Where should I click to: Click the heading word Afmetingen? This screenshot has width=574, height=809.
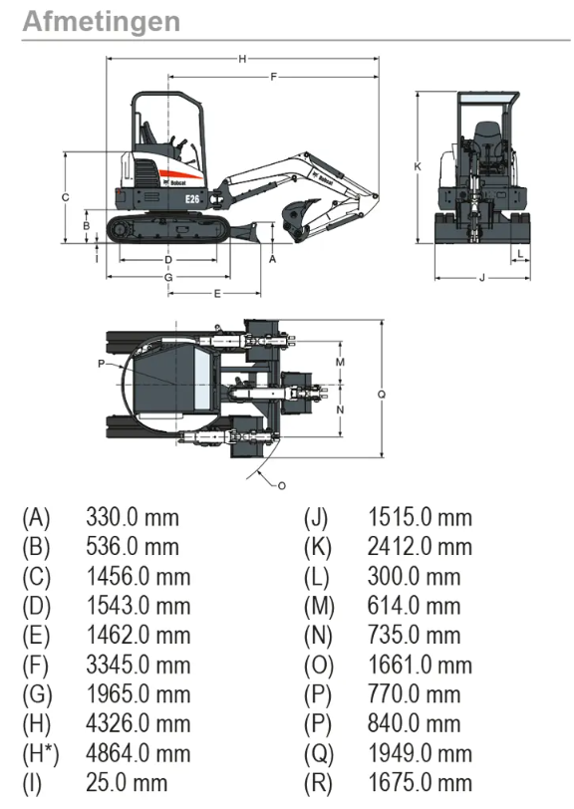(x=102, y=22)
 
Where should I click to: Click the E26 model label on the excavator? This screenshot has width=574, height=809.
(x=192, y=198)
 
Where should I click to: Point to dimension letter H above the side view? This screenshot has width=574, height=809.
(x=242, y=59)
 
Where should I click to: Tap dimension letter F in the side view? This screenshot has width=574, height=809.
(x=274, y=77)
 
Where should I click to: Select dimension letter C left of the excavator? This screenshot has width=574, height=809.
(x=66, y=197)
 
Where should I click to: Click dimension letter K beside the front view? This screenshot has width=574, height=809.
(x=418, y=166)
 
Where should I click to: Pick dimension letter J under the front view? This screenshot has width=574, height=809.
(x=482, y=278)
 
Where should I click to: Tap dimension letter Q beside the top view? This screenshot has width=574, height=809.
(x=382, y=395)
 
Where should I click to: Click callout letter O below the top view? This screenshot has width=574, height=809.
(x=282, y=485)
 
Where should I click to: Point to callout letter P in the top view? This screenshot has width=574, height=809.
(x=102, y=364)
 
